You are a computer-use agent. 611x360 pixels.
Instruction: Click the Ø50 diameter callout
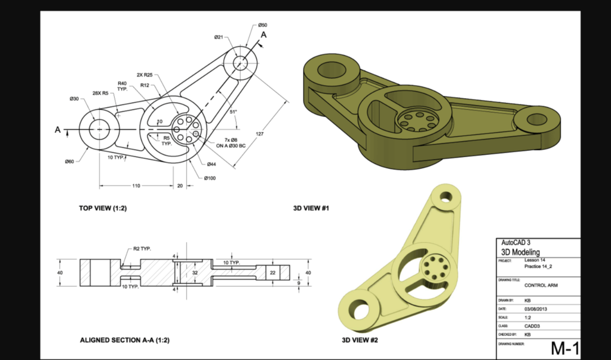point(263,25)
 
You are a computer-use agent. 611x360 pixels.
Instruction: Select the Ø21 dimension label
point(218,37)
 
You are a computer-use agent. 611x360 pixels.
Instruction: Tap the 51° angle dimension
point(232,112)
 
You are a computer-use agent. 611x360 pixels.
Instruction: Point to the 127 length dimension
point(260,134)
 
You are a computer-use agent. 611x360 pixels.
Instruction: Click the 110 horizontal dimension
point(136,185)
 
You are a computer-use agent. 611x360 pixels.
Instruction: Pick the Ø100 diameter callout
point(210,178)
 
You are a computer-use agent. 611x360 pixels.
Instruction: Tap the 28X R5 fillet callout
point(100,93)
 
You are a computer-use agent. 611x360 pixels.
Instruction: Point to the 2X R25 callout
point(144,75)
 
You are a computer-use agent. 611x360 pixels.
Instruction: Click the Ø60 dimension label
point(69,162)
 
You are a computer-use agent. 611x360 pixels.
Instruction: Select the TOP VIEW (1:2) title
point(103,209)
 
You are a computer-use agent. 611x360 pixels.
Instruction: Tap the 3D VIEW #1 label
point(311,209)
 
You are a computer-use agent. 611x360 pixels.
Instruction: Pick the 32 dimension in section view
point(195,272)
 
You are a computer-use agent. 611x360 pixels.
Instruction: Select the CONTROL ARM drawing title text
point(541,285)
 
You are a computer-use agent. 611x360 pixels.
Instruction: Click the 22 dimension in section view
point(273,272)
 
